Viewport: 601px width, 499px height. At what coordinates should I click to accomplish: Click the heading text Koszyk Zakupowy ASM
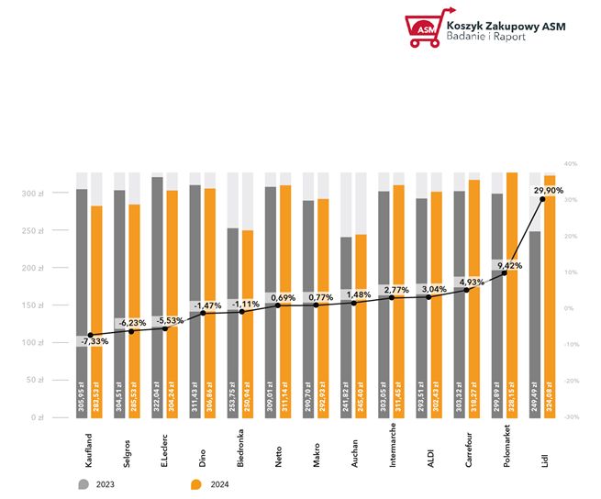pos(504,26)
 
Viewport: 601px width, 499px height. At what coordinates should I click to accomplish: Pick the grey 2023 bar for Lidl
pos(535,321)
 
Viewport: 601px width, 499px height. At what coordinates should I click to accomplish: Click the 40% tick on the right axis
pos(570,164)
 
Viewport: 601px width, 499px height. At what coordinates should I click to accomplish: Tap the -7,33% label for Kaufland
pos(93,340)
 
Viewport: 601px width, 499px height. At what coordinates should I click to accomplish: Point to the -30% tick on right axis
pos(570,417)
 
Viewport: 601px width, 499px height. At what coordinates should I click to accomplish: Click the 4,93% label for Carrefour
pos(470,282)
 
